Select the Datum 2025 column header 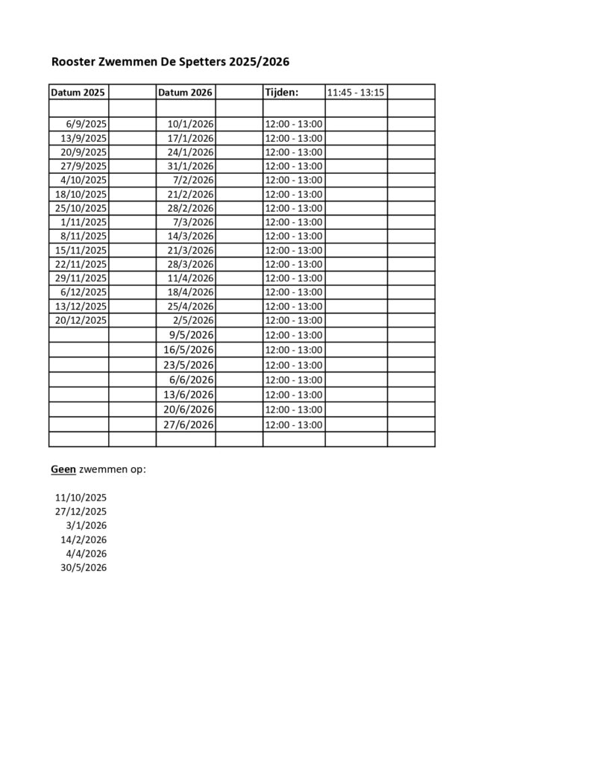tap(78, 93)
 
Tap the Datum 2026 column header tap(186, 93)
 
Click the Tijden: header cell tap(282, 93)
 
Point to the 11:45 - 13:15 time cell tap(356, 93)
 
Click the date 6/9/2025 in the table tap(87, 124)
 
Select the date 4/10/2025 tap(84, 180)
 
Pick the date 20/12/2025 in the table tap(81, 319)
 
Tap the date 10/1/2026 tap(190, 124)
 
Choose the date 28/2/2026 tap(190, 207)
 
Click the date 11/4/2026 tap(190, 278)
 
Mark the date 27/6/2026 tap(189, 425)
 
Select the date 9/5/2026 tap(192, 334)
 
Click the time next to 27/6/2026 tap(294, 425)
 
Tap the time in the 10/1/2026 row tap(294, 124)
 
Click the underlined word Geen tap(63, 469)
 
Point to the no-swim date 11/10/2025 tap(81, 497)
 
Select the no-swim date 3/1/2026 tap(87, 525)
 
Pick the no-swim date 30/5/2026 tap(84, 568)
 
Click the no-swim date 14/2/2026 tap(84, 539)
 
